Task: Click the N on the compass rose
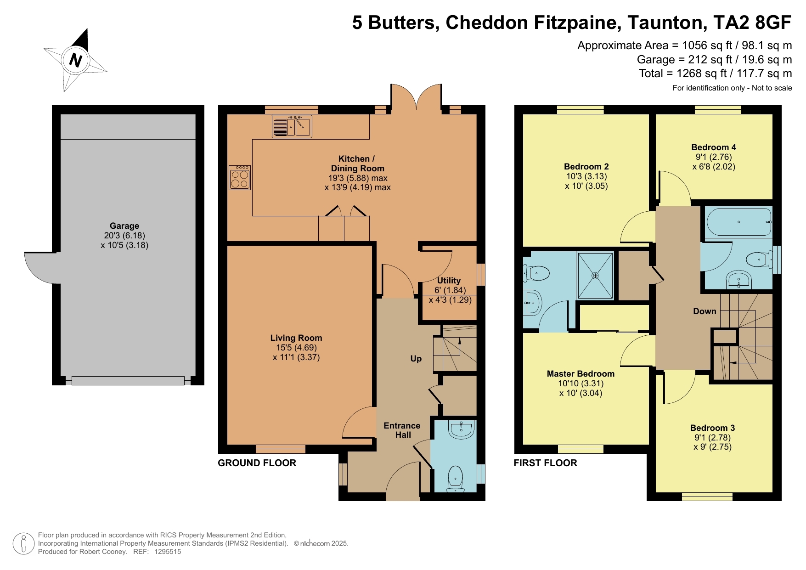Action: coord(75,61)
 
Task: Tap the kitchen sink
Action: coord(292,127)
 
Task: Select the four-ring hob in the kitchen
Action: coord(240,178)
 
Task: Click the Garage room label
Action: coord(124,226)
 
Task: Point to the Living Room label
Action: coord(296,338)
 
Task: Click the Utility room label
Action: coord(449,281)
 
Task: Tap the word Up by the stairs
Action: coord(416,359)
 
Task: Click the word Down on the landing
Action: coord(705,311)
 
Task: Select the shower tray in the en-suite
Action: coord(595,276)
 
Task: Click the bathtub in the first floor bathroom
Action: coord(739,222)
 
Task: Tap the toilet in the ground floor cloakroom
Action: coord(455,479)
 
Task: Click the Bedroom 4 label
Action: coord(714,147)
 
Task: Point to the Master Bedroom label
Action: coord(581,374)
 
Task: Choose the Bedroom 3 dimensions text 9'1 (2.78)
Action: coord(713,438)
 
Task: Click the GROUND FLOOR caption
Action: coord(257,463)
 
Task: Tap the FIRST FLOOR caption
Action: coord(545,463)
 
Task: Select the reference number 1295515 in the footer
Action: coord(168,552)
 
